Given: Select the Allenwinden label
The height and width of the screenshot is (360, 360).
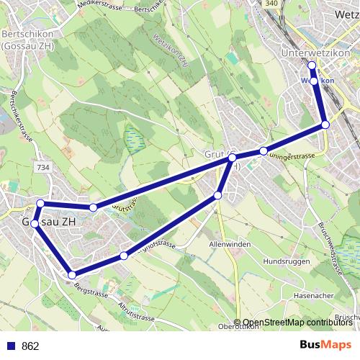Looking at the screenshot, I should tap(228, 246).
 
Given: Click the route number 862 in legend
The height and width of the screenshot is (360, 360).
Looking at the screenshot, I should tap(30, 346).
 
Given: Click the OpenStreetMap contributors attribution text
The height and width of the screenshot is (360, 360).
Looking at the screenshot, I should tap(297, 323).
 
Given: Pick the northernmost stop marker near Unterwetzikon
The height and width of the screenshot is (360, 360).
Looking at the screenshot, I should tap(312, 66).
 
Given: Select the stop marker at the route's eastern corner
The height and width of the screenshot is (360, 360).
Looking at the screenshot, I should tap(325, 125).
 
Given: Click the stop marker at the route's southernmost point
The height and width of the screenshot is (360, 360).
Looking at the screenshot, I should tap(72, 274).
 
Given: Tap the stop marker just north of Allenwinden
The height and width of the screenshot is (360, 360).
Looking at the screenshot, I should tap(218, 195).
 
